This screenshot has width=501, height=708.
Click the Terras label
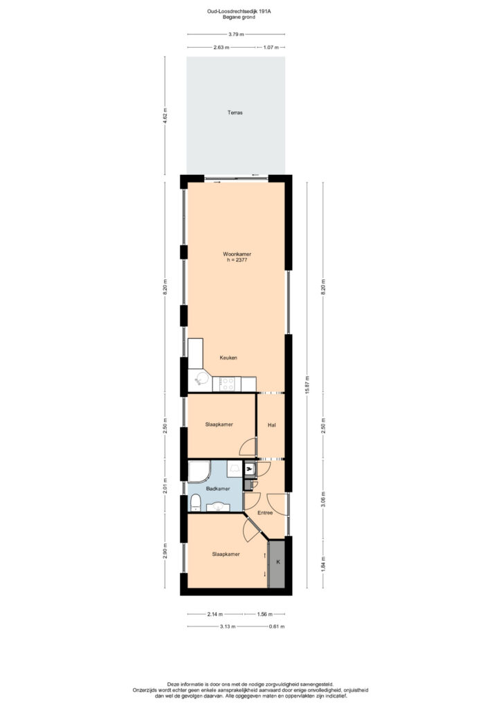click(x=235, y=113)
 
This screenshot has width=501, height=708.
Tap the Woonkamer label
click(x=237, y=254)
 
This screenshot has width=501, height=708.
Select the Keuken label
click(x=228, y=357)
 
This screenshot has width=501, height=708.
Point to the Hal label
click(x=271, y=425)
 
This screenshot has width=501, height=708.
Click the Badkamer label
click(x=218, y=489)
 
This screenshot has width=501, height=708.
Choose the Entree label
click(x=265, y=512)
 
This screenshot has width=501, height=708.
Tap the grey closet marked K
click(x=277, y=564)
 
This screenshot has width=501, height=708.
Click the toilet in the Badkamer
click(x=195, y=503)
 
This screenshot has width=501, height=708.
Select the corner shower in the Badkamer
click(x=199, y=471)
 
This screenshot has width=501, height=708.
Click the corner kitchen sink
click(x=200, y=380)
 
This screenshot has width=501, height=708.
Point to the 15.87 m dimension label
click(x=307, y=385)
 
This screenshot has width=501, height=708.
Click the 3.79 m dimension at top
click(x=236, y=34)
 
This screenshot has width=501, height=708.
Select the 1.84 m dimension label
click(x=323, y=564)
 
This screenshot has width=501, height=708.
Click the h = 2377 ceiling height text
click(x=237, y=260)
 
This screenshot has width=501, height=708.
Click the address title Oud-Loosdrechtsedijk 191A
click(x=239, y=12)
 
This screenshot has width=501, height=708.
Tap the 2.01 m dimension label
click(x=165, y=485)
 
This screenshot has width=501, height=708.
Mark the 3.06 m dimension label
click(x=323, y=499)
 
